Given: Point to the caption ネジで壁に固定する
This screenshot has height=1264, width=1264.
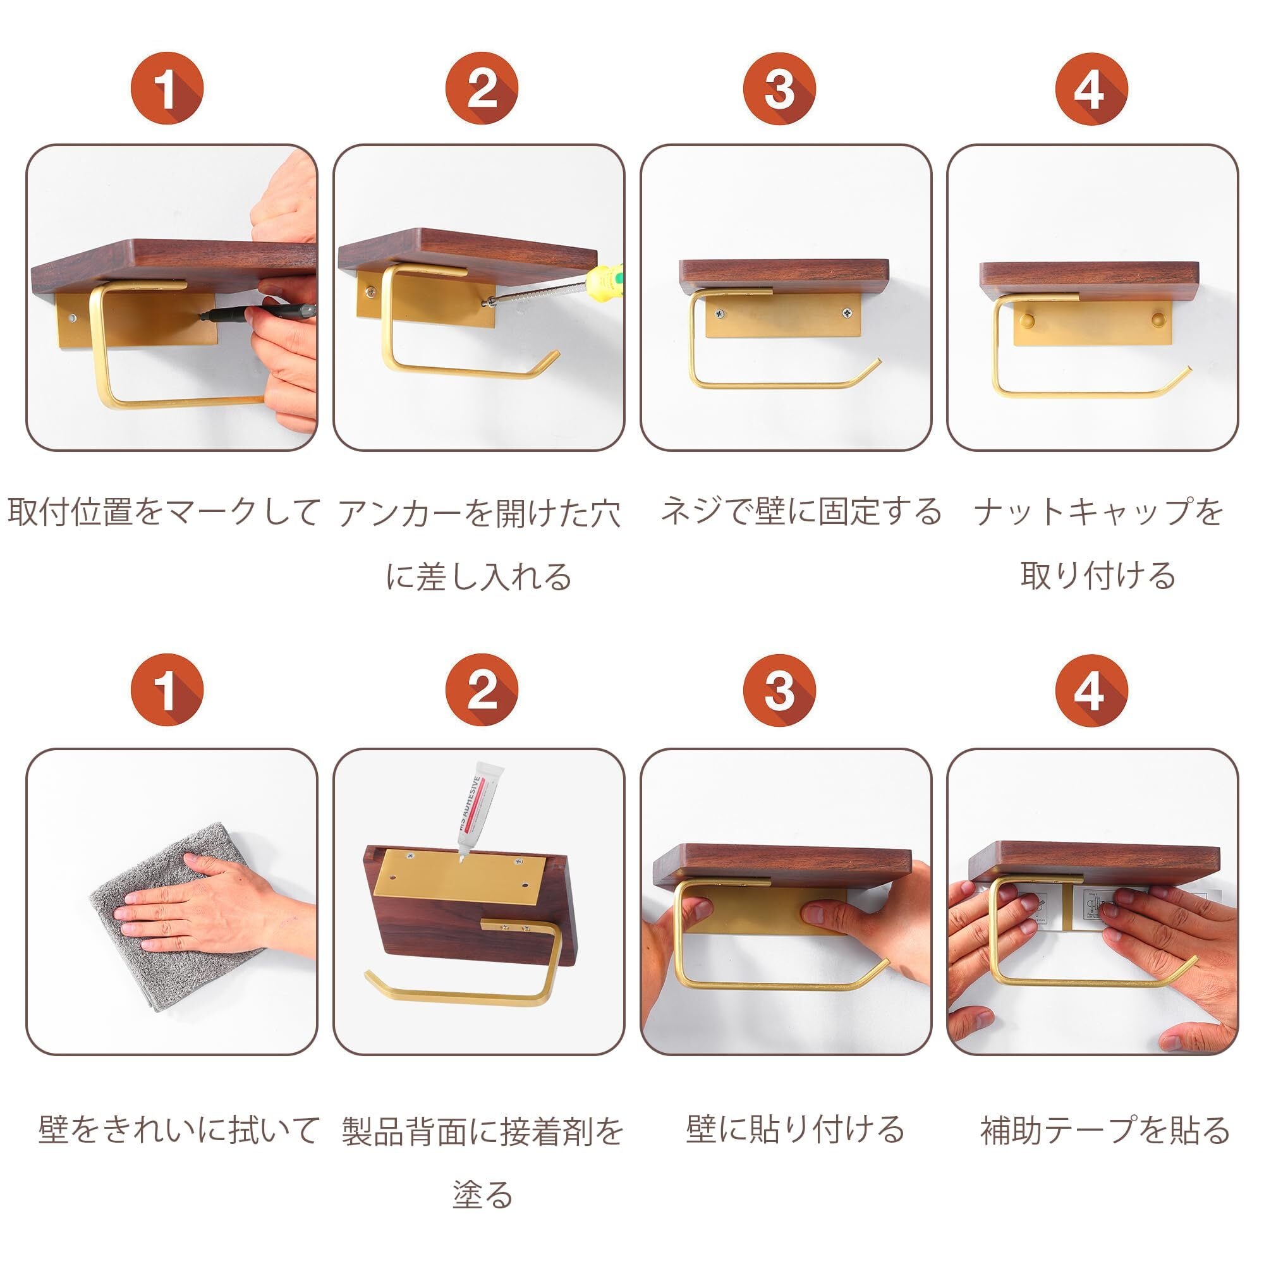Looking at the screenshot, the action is click(801, 512).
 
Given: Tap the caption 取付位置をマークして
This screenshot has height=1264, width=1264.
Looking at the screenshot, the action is click(164, 512).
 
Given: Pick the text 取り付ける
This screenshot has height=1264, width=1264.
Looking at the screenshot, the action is click(1098, 576).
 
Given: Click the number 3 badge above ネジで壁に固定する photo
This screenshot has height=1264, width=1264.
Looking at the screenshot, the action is click(779, 88).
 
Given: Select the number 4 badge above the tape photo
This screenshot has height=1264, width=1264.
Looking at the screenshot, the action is click(1091, 690).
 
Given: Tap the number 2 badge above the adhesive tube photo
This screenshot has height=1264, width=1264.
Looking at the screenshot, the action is click(482, 690).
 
